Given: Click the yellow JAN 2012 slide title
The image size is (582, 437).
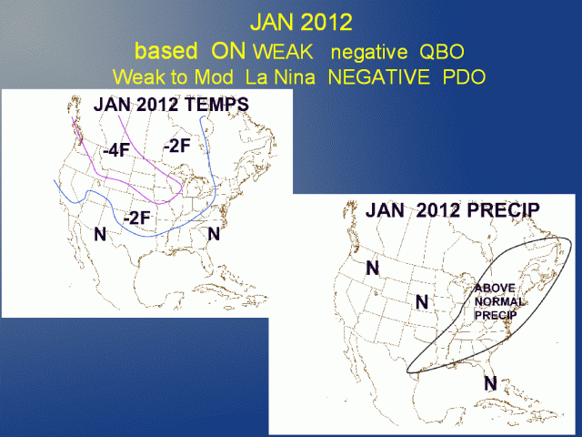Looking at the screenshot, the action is click(x=301, y=22).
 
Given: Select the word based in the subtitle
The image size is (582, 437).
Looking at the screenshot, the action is click(x=166, y=51).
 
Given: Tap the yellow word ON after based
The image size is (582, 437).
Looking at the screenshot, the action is click(x=228, y=51).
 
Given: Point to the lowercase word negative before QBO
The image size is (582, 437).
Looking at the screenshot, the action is click(x=369, y=52).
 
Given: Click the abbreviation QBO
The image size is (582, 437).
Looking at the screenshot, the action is click(x=442, y=51).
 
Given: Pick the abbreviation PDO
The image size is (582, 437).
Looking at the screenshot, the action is click(x=465, y=76).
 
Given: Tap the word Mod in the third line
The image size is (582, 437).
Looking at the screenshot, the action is click(x=214, y=76).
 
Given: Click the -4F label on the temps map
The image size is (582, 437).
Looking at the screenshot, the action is click(x=116, y=150).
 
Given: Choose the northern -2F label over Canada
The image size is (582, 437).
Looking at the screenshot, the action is click(x=177, y=146).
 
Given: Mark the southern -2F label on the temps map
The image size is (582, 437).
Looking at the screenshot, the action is click(x=136, y=218).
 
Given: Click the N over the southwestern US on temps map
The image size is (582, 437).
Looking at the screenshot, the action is click(x=100, y=234).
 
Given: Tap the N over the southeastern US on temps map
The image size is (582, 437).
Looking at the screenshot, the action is click(x=214, y=234).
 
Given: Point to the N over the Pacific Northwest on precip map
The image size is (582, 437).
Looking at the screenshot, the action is click(x=373, y=268).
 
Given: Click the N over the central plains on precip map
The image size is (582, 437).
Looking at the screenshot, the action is click(x=422, y=301).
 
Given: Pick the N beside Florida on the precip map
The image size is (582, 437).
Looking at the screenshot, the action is click(x=491, y=383).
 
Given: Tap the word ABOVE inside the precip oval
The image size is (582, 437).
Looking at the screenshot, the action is click(x=495, y=288).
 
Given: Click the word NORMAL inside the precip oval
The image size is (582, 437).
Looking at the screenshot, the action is click(x=499, y=301).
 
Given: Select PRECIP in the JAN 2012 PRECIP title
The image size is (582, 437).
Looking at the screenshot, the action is click(x=503, y=210).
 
